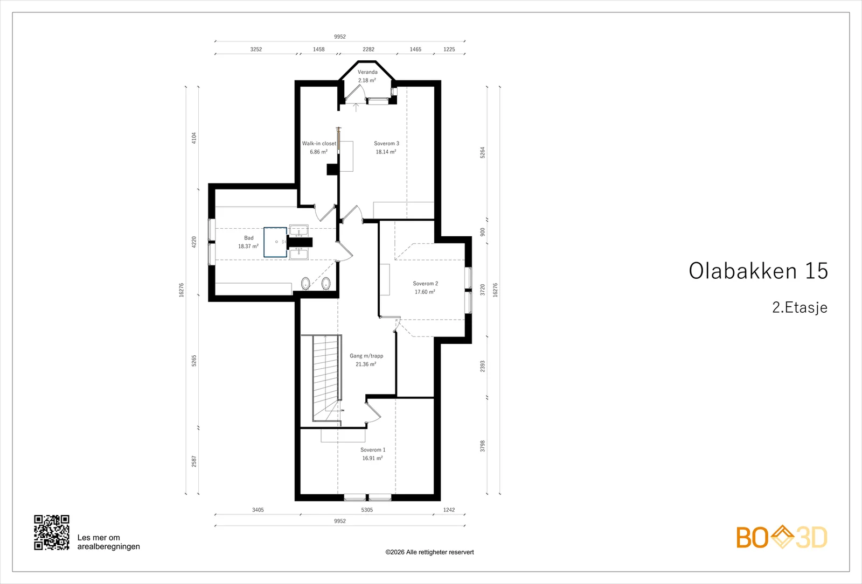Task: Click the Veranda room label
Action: coord(367,72)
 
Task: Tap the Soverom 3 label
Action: coord(386,143)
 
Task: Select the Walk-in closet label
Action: coord(319,143)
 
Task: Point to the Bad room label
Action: coord(248,238)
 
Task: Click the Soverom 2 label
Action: coord(425,283)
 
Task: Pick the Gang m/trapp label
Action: coord(366,356)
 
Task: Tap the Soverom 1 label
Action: coord(372,450)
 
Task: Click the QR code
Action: coord(52,532)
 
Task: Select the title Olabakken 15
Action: coord(758,271)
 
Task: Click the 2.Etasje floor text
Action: coord(800,307)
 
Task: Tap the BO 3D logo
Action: coord(782,537)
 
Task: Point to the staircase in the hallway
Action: coord(326,379)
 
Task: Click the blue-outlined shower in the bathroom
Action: coord(275,242)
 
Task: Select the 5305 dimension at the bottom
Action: coord(367,510)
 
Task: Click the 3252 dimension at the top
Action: coord(256,49)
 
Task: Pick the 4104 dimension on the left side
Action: coord(194,138)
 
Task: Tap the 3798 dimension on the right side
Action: coord(483,446)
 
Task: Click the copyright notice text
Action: coord(429,552)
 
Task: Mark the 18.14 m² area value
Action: coord(386,152)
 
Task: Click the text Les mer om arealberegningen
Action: coord(108,542)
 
